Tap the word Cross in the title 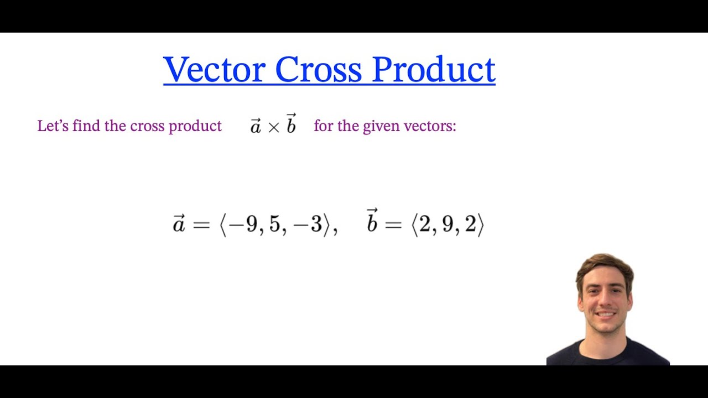click(x=318, y=70)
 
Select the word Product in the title click(x=433, y=70)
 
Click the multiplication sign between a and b click(x=273, y=127)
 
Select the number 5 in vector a click(x=275, y=225)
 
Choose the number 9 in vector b click(x=447, y=225)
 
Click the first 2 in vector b click(x=424, y=225)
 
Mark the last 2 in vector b click(x=470, y=225)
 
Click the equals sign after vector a click(x=201, y=225)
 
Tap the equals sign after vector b click(x=393, y=225)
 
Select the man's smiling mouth click(x=606, y=315)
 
